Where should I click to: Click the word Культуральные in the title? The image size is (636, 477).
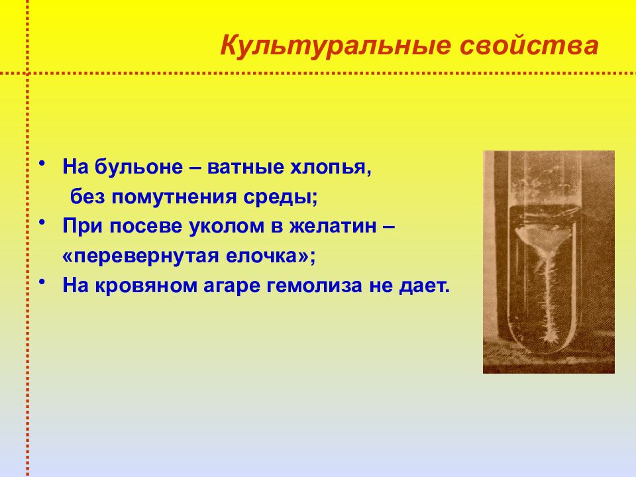(x=335, y=46)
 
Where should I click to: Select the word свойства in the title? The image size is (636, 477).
(x=529, y=46)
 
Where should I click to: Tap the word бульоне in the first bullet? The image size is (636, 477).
(x=138, y=167)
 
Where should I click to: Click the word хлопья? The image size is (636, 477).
(x=330, y=168)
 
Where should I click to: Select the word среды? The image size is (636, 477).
(x=280, y=197)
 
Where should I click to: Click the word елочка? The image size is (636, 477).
(x=268, y=256)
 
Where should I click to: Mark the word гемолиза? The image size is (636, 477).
(x=314, y=286)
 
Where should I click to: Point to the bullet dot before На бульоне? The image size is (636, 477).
(x=42, y=164)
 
